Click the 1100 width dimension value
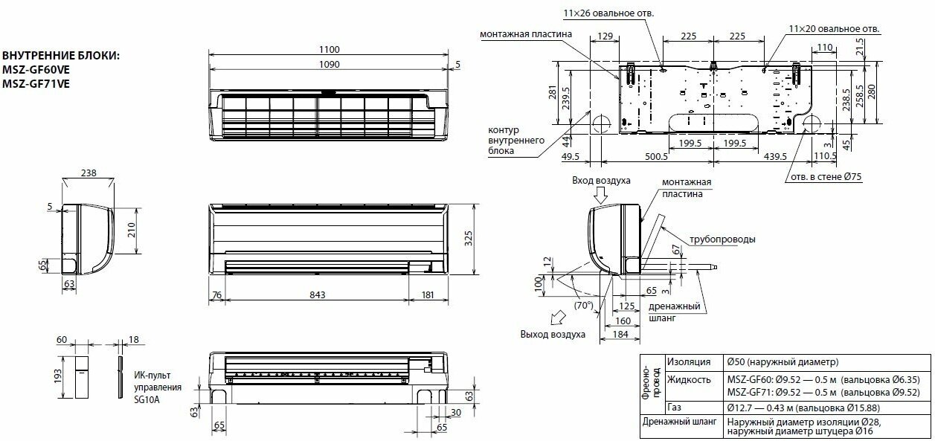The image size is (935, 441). [329, 50]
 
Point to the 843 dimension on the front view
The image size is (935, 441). [317, 295]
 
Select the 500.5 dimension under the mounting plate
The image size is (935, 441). [656, 156]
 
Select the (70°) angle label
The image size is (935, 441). [583, 305]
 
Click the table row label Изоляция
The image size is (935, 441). [689, 362]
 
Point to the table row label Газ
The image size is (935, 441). [674, 408]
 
